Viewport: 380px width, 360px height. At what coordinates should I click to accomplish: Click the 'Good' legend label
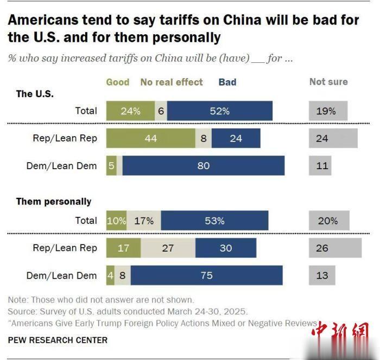pyautogui.click(x=117, y=82)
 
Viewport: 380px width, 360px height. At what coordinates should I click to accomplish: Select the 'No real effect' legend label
pyautogui.click(x=172, y=82)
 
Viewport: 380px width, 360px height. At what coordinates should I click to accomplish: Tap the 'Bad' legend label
pyautogui.click(x=227, y=82)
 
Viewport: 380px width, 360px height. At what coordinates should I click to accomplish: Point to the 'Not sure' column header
pyautogui.click(x=328, y=82)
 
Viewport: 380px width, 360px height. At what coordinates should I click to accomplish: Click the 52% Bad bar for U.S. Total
pyautogui.click(x=220, y=111)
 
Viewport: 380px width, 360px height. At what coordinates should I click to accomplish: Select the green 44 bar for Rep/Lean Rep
pyautogui.click(x=150, y=138)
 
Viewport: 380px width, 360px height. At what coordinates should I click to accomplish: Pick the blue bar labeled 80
pyautogui.click(x=204, y=166)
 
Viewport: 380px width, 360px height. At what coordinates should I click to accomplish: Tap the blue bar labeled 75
pyautogui.click(x=206, y=275)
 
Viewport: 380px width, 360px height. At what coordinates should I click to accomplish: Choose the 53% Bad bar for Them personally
pyautogui.click(x=214, y=221)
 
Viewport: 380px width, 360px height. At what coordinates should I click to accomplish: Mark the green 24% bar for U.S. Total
pyautogui.click(x=130, y=111)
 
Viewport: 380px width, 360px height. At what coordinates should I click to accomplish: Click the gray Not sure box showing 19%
pyautogui.click(x=328, y=111)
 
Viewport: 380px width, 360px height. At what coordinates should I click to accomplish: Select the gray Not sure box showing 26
pyautogui.click(x=335, y=248)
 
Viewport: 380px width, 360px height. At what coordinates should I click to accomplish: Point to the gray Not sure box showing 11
pyautogui.click(x=320, y=166)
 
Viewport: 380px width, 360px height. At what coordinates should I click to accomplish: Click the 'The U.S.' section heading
pyautogui.click(x=35, y=94)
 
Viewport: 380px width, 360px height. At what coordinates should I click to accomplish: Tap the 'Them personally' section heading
pyautogui.click(x=54, y=202)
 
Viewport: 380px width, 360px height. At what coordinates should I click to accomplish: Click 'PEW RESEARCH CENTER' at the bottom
pyautogui.click(x=58, y=340)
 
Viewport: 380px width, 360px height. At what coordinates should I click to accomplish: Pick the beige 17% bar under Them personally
pyautogui.click(x=144, y=221)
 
